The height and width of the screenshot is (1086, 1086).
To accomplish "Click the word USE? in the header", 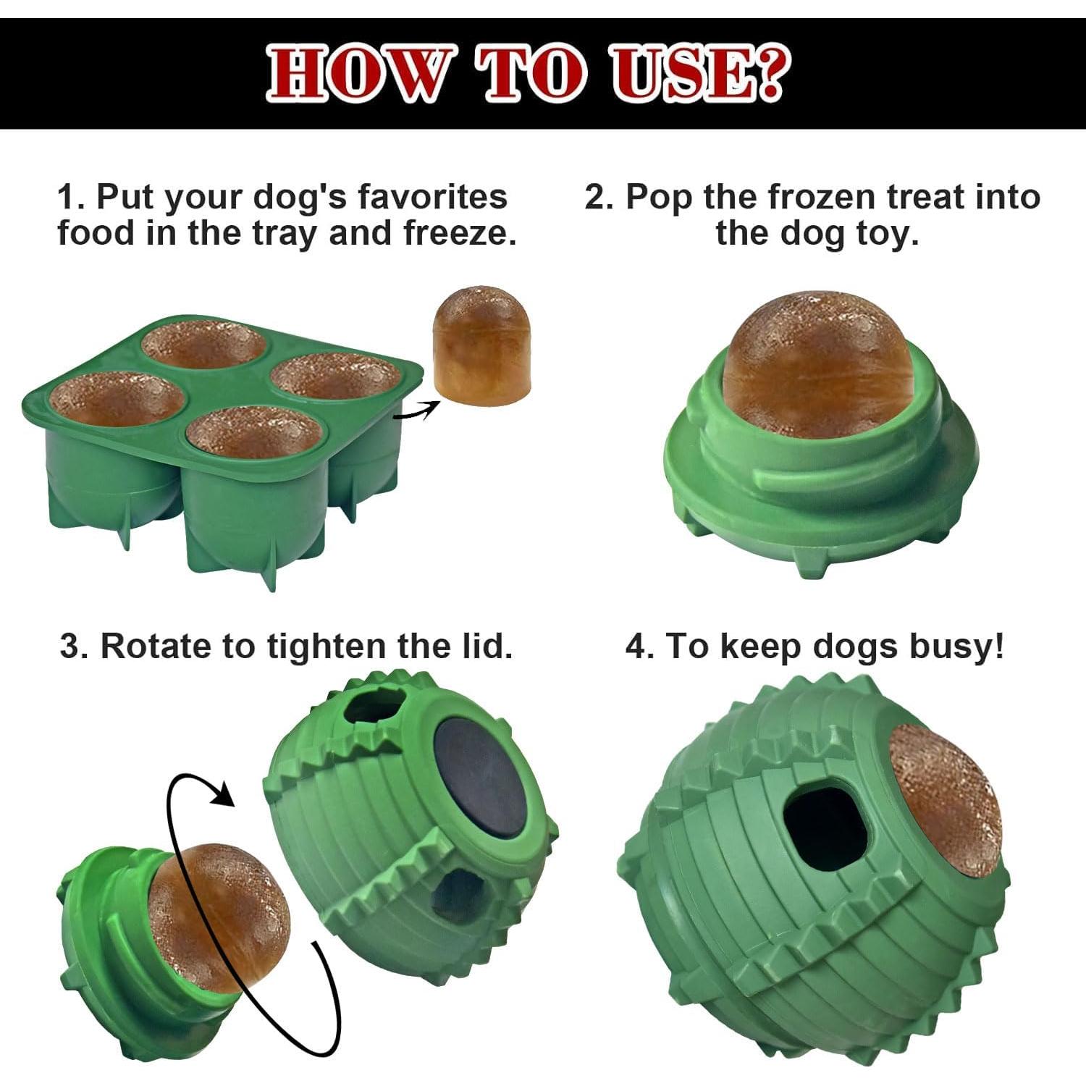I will [699, 74].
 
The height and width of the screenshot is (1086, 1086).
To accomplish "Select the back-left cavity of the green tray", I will [203, 344].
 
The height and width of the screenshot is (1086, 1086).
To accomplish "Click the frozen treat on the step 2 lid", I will [814, 366].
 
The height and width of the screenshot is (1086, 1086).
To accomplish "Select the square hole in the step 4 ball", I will [825, 825].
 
